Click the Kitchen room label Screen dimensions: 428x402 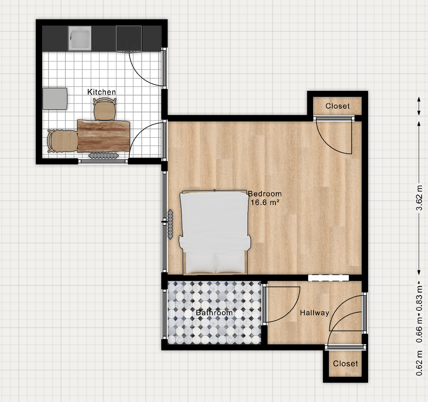click(101, 92)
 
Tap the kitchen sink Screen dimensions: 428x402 click(79, 38)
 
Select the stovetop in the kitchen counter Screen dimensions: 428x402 click(129, 38)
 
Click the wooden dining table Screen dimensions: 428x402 click(103, 136)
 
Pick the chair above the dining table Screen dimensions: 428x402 click(105, 109)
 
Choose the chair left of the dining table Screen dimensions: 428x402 click(63, 141)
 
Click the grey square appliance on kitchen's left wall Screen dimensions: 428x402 click(55, 99)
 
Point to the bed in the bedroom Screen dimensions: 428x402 click(214, 232)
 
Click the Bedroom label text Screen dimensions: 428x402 click(265, 194)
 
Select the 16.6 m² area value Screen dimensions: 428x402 click(265, 202)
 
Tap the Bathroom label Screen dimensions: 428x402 click(214, 313)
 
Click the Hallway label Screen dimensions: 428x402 click(314, 313)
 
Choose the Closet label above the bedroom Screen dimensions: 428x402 click(337, 106)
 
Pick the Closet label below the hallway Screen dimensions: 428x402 click(345, 364)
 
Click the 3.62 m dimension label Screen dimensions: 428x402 click(420, 198)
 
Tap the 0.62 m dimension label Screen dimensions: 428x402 click(420, 363)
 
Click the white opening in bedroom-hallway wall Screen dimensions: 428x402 click(329, 278)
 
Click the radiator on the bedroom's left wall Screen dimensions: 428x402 click(170, 224)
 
